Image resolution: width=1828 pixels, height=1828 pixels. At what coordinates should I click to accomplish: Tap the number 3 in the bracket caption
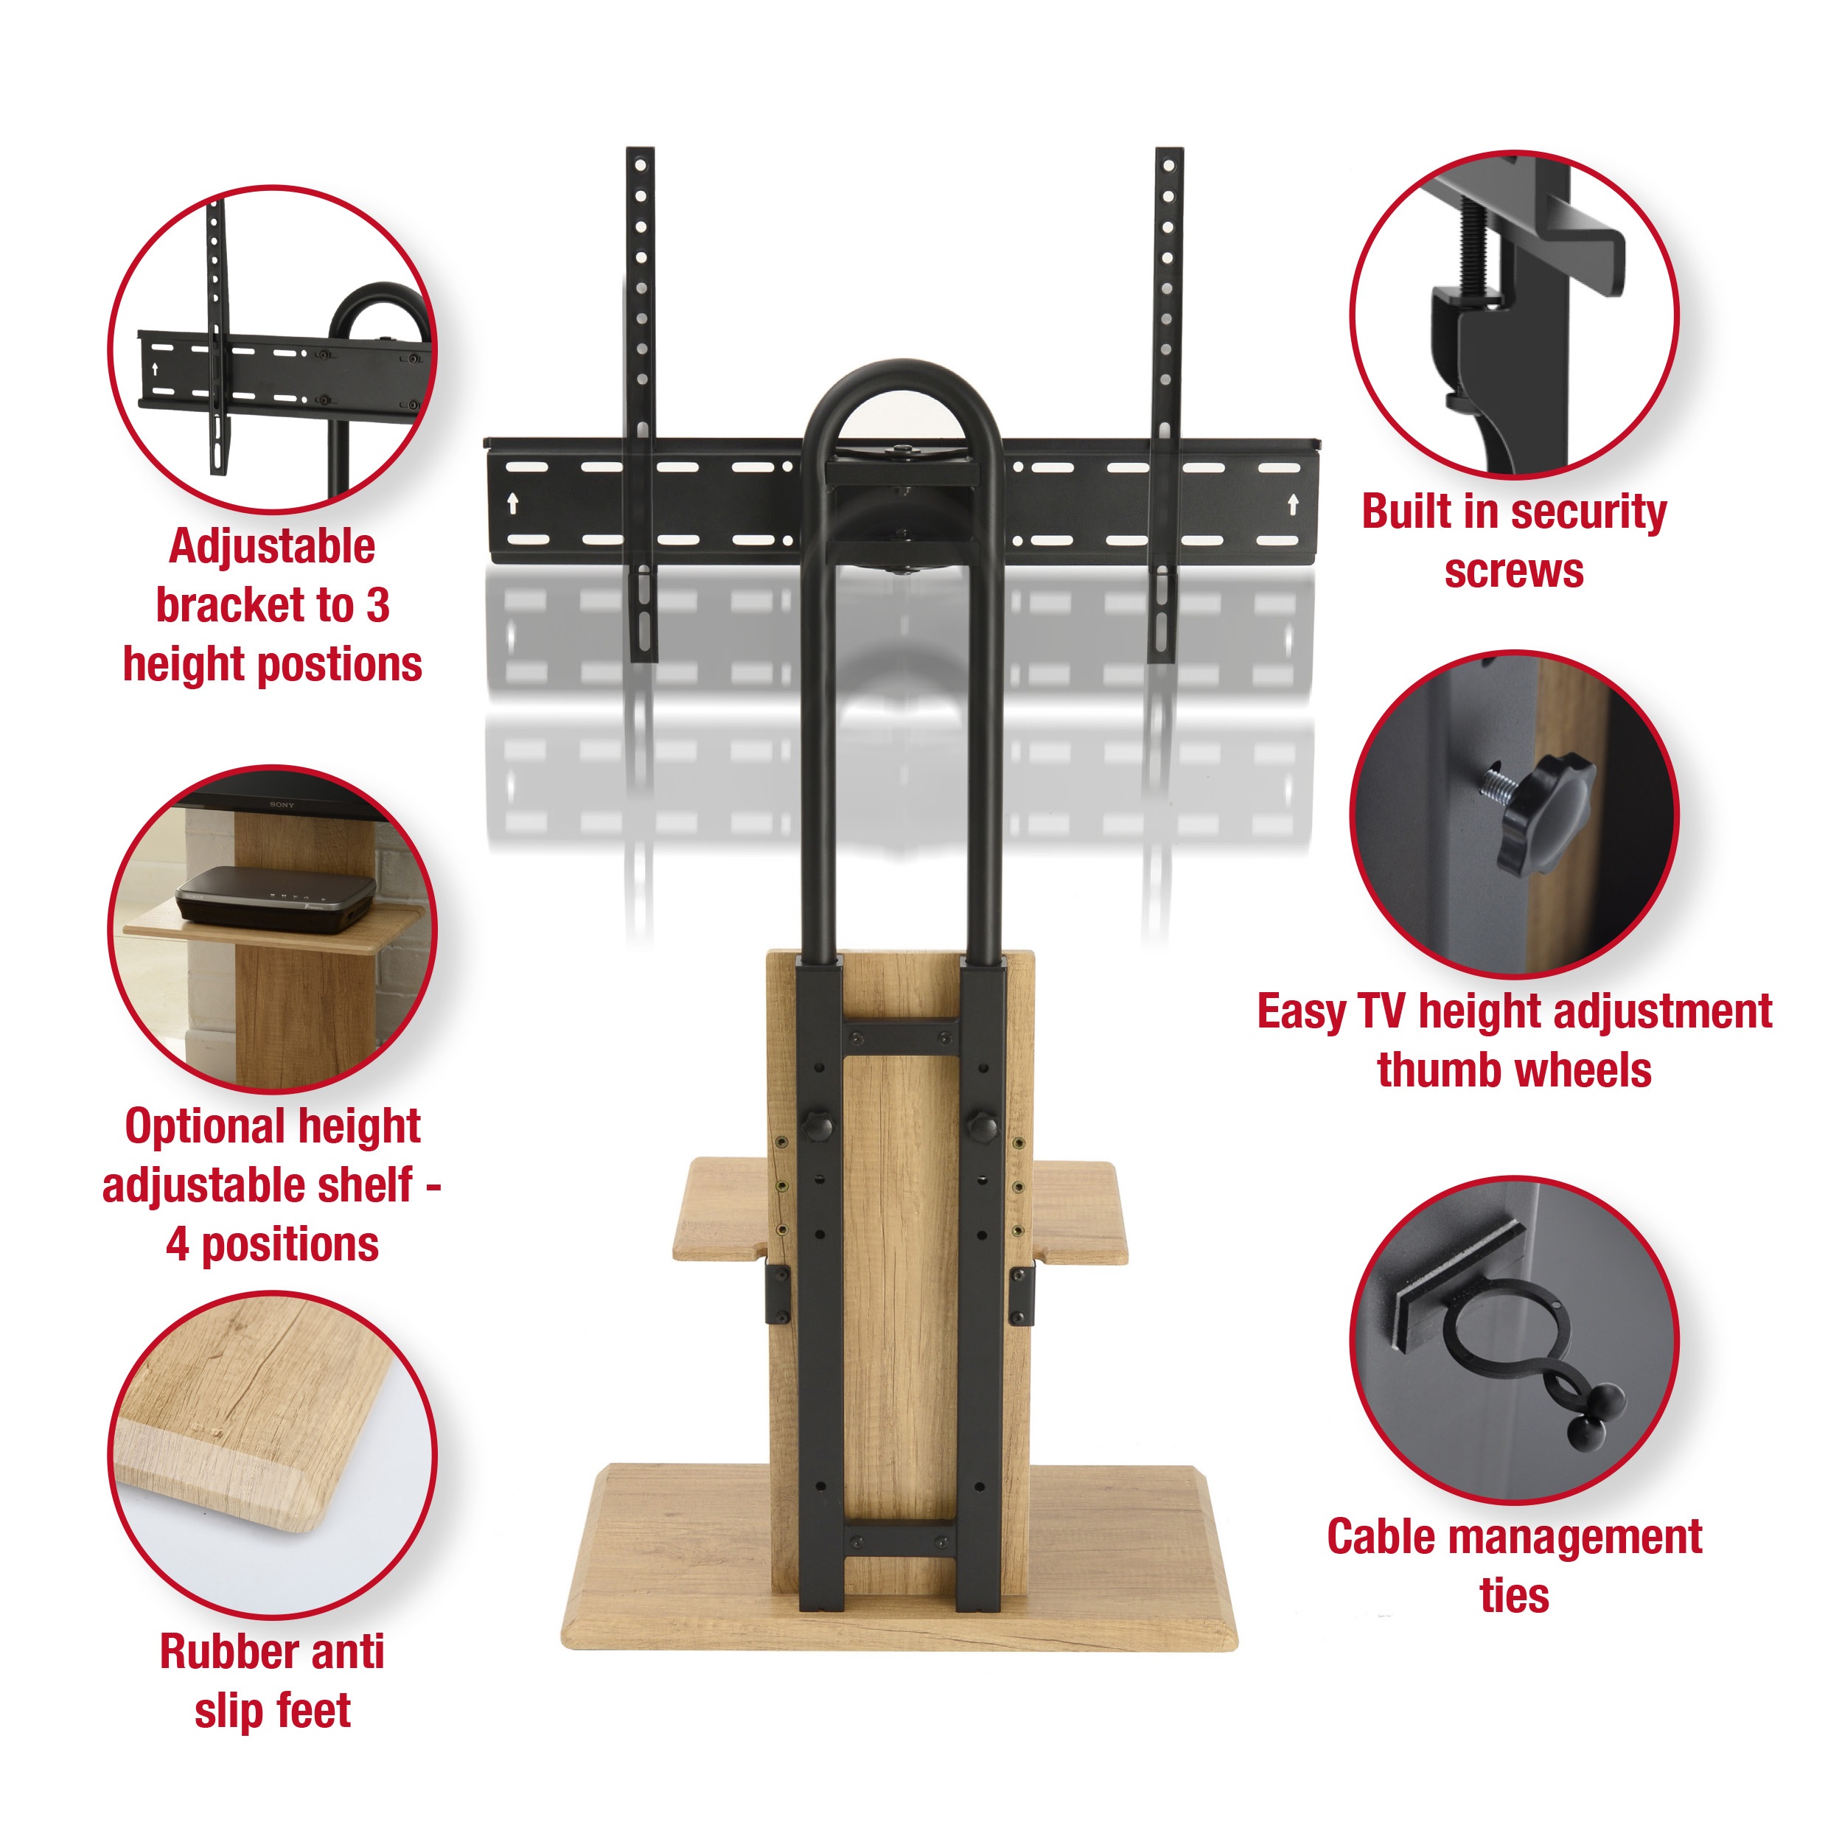pyautogui.click(x=377, y=606)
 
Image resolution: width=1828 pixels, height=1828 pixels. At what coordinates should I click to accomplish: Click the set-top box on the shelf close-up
pyautogui.click(x=276, y=894)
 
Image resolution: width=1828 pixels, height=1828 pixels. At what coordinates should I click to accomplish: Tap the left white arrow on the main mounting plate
pyautogui.click(x=513, y=503)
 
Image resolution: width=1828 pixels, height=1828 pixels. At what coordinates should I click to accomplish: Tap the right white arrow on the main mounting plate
pyautogui.click(x=1292, y=503)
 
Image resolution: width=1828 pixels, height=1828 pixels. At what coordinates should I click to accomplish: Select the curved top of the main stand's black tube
pyautogui.click(x=901, y=371)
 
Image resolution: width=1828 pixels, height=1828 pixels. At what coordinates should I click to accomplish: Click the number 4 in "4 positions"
pyautogui.click(x=177, y=1244)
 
